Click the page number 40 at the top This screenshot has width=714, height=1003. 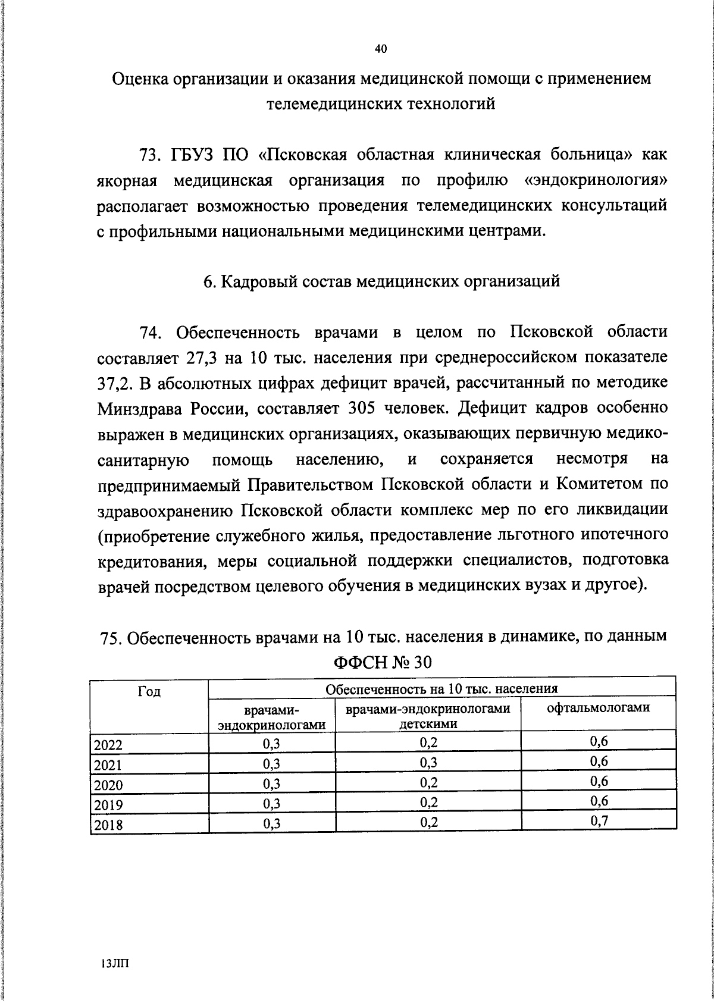click(x=381, y=49)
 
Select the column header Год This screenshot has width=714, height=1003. click(x=149, y=692)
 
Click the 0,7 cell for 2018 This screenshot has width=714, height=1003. click(x=599, y=822)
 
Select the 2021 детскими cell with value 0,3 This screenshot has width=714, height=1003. click(x=428, y=763)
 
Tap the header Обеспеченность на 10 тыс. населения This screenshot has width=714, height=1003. click(x=441, y=689)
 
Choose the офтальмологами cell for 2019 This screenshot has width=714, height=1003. click(x=599, y=801)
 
